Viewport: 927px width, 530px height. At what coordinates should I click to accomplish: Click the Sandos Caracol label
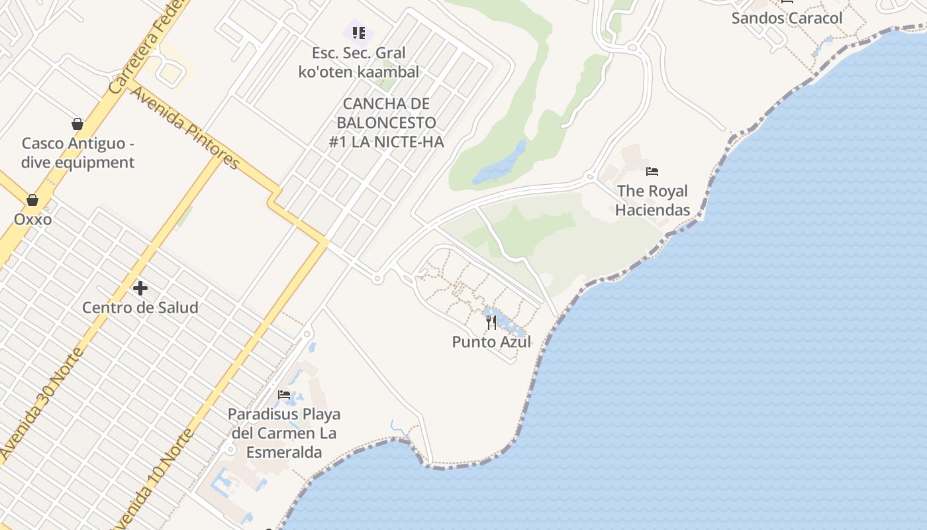(787, 18)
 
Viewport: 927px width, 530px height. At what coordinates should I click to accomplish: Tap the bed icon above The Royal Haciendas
(652, 172)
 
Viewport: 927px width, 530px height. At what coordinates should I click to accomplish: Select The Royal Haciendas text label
(652, 201)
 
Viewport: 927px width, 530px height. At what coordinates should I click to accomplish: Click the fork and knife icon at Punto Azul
(491, 323)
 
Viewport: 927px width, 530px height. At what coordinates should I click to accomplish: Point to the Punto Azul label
(491, 342)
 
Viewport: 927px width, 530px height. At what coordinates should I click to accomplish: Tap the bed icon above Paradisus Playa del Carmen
(285, 395)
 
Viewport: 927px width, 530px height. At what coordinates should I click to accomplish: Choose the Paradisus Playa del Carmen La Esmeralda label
(284, 433)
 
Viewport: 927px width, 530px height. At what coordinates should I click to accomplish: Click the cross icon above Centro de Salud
(140, 288)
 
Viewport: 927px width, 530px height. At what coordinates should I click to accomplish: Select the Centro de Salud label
(140, 307)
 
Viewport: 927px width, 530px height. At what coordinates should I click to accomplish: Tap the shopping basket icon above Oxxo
(32, 200)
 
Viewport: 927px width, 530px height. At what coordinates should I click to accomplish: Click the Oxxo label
(32, 219)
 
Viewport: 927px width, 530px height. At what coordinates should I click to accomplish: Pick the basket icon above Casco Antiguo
(77, 124)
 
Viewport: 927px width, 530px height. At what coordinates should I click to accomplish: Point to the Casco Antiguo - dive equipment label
(78, 153)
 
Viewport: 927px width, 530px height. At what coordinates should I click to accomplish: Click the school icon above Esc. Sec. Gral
(358, 32)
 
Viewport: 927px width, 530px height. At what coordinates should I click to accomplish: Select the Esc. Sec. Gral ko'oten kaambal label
(359, 62)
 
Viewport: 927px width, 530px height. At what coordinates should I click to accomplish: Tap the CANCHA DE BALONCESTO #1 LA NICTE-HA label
(386, 123)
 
